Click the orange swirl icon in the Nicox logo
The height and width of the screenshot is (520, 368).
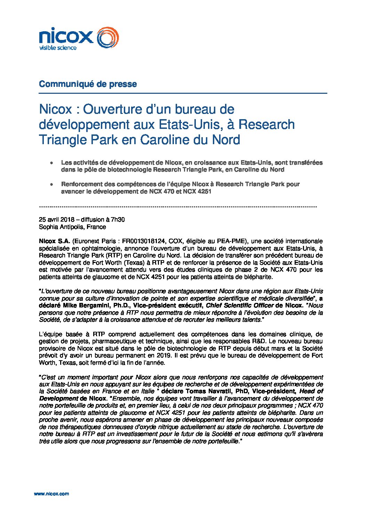107,37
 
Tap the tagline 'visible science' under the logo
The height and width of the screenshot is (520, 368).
57,48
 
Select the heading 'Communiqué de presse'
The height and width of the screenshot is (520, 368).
88,84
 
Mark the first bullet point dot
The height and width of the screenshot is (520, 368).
51,163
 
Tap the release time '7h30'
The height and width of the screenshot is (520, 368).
117,220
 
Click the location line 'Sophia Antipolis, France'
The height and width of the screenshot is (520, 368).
72,227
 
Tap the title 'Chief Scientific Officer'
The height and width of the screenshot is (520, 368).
240,305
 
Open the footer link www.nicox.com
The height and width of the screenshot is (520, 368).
51,494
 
